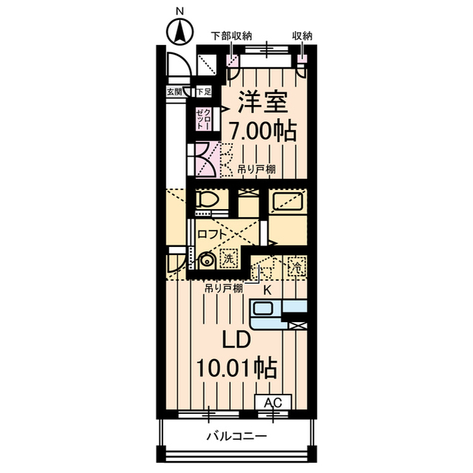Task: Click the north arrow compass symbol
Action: pyautogui.click(x=178, y=30)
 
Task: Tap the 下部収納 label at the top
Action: pyautogui.click(x=231, y=35)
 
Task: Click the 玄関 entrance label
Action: pyautogui.click(x=174, y=92)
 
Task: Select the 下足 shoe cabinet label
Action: pyautogui.click(x=203, y=92)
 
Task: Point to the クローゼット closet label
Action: pyautogui.click(x=203, y=118)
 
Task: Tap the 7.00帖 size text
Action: pyautogui.click(x=262, y=132)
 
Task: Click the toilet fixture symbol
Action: pyautogui.click(x=208, y=201)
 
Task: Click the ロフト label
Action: pyautogui.click(x=212, y=234)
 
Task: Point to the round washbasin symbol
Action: pyautogui.click(x=207, y=260)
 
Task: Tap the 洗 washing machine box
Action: pyautogui.click(x=230, y=259)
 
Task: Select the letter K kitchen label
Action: pyautogui.click(x=267, y=289)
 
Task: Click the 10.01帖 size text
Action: pyautogui.click(x=236, y=367)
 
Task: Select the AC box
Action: pyautogui.click(x=273, y=402)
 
